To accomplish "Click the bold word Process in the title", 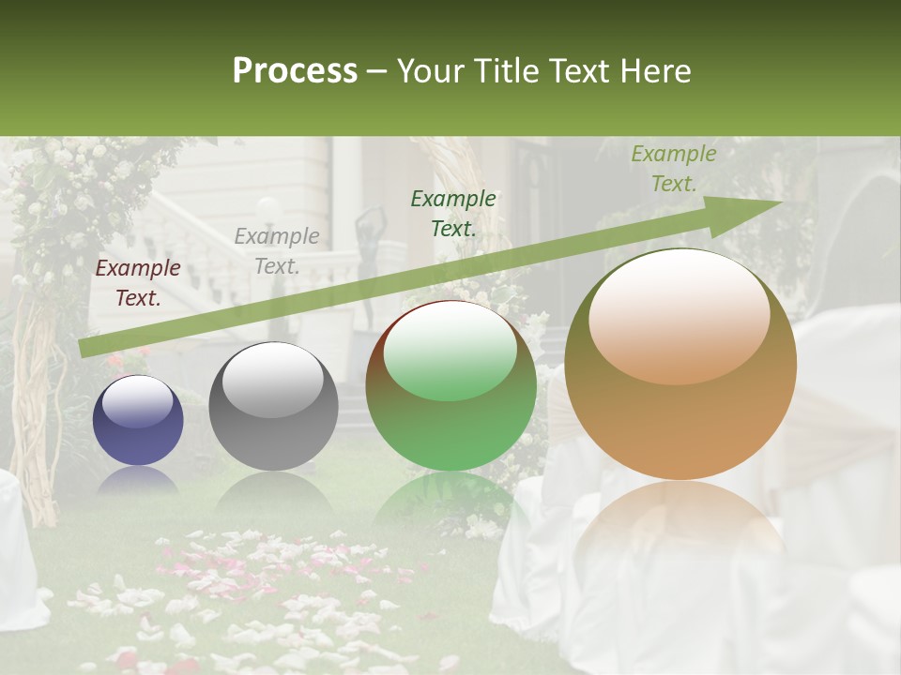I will [295, 71].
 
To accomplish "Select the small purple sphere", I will [138, 421].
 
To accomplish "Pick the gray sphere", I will [273, 407].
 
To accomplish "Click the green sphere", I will [450, 386].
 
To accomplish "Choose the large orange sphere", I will [680, 366].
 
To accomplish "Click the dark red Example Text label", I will [138, 283].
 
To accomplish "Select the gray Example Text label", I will [277, 251].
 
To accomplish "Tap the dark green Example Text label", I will [453, 213].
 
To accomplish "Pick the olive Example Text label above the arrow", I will [673, 169].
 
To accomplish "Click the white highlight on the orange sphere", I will [679, 317].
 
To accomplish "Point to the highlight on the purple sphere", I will [137, 401].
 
